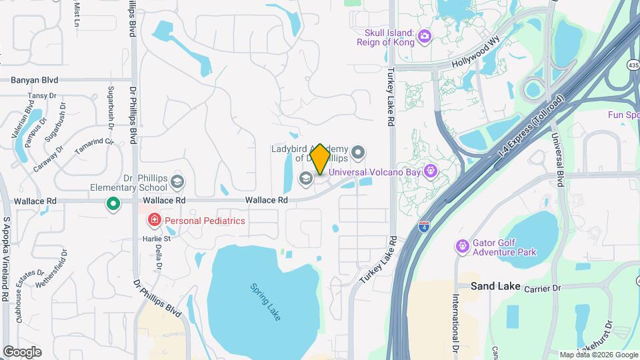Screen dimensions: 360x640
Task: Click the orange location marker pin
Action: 320,159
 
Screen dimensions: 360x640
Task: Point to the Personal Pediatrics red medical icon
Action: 154,220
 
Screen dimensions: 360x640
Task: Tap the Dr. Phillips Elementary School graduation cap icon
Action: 177,181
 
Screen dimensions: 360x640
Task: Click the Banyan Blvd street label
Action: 35,80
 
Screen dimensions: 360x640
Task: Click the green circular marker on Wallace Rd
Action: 113,204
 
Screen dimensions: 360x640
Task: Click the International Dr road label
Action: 456,324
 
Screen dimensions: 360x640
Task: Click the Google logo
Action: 22,351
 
